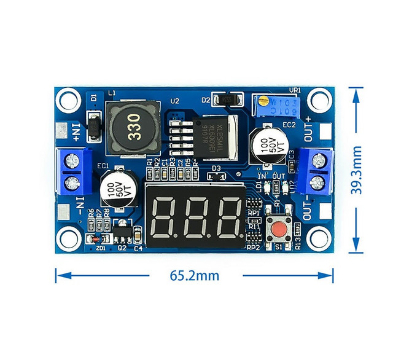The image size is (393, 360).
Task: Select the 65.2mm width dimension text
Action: point(194,275)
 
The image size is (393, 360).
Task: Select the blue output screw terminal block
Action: point(317,171)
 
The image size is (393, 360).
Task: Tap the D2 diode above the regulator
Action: point(228,99)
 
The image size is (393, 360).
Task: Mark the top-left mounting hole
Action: point(69,100)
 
